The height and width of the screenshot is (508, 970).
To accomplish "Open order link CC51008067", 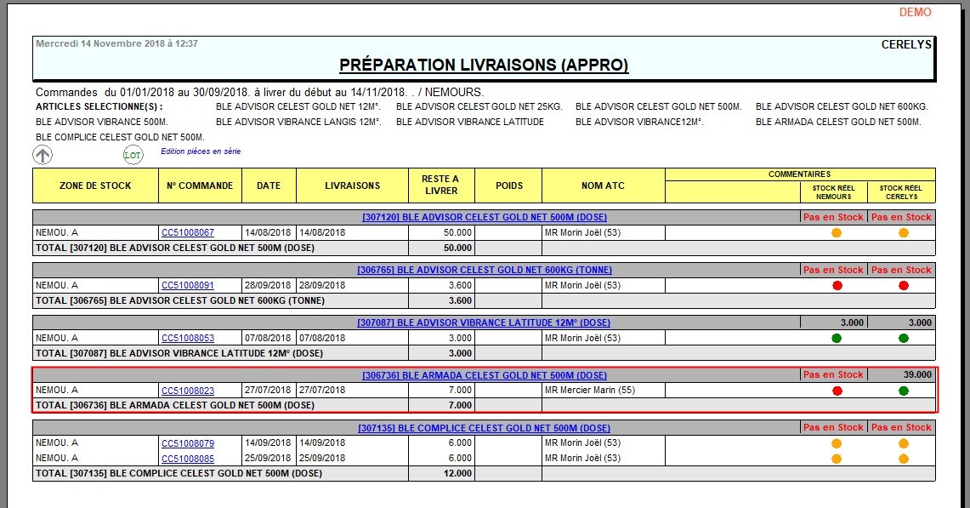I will coord(187,232).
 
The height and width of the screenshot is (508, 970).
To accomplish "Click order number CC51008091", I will coord(187,285).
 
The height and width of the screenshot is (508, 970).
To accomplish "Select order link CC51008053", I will coord(187,338).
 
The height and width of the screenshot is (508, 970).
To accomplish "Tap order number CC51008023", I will coord(187,391).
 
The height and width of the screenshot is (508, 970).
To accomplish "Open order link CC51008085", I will coord(187,459).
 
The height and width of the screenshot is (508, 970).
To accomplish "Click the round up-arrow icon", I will coord(43,154).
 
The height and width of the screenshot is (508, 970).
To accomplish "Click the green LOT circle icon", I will coord(133,155).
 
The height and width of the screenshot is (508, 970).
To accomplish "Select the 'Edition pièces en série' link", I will coord(201,151).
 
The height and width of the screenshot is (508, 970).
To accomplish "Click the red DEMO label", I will coord(915,12).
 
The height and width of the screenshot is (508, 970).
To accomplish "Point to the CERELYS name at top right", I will coord(907,44).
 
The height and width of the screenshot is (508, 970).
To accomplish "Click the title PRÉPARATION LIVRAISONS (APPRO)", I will coord(484,66).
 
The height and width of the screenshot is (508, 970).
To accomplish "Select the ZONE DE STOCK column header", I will coord(95,186).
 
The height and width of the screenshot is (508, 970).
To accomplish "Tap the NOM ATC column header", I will coord(603,186).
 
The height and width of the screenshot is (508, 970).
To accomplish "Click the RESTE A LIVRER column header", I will coord(440,185).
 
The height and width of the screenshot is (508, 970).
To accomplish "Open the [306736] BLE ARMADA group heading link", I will coord(484,375).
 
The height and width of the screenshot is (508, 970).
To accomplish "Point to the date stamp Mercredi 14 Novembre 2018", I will coord(116,43).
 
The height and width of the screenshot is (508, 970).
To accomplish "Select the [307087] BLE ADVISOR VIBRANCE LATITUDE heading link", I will coord(484,322).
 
